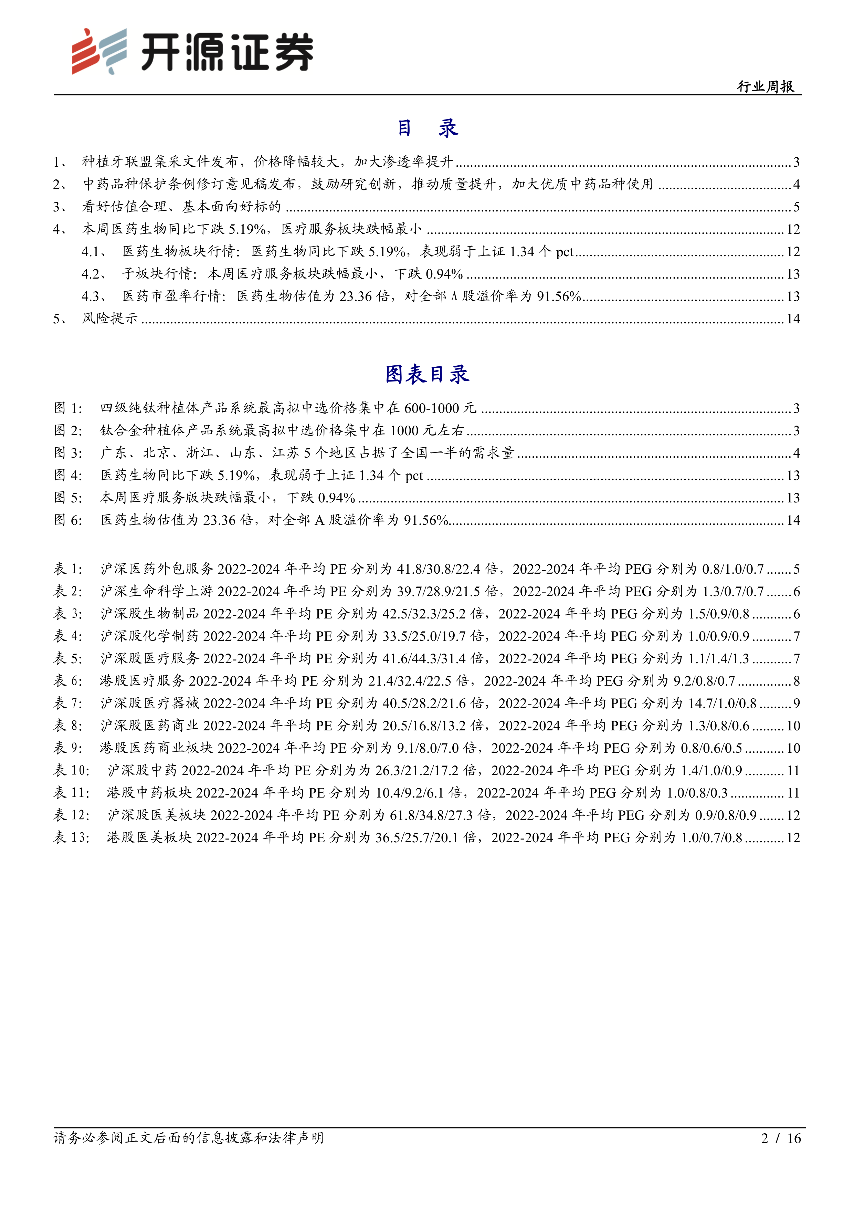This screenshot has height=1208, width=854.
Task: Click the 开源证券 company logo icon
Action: point(99,52)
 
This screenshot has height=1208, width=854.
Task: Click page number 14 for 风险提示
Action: point(792,319)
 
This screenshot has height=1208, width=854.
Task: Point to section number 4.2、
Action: point(95,274)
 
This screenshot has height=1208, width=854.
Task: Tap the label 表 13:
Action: point(72,837)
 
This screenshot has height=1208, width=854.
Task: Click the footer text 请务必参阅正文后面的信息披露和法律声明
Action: point(188,1138)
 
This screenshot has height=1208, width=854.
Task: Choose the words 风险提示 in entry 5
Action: point(109,319)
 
